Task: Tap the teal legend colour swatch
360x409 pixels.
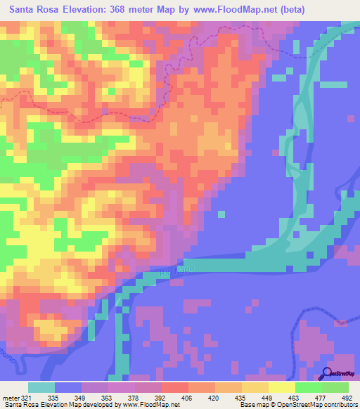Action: point(41,387)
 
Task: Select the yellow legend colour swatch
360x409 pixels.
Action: point(281,387)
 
